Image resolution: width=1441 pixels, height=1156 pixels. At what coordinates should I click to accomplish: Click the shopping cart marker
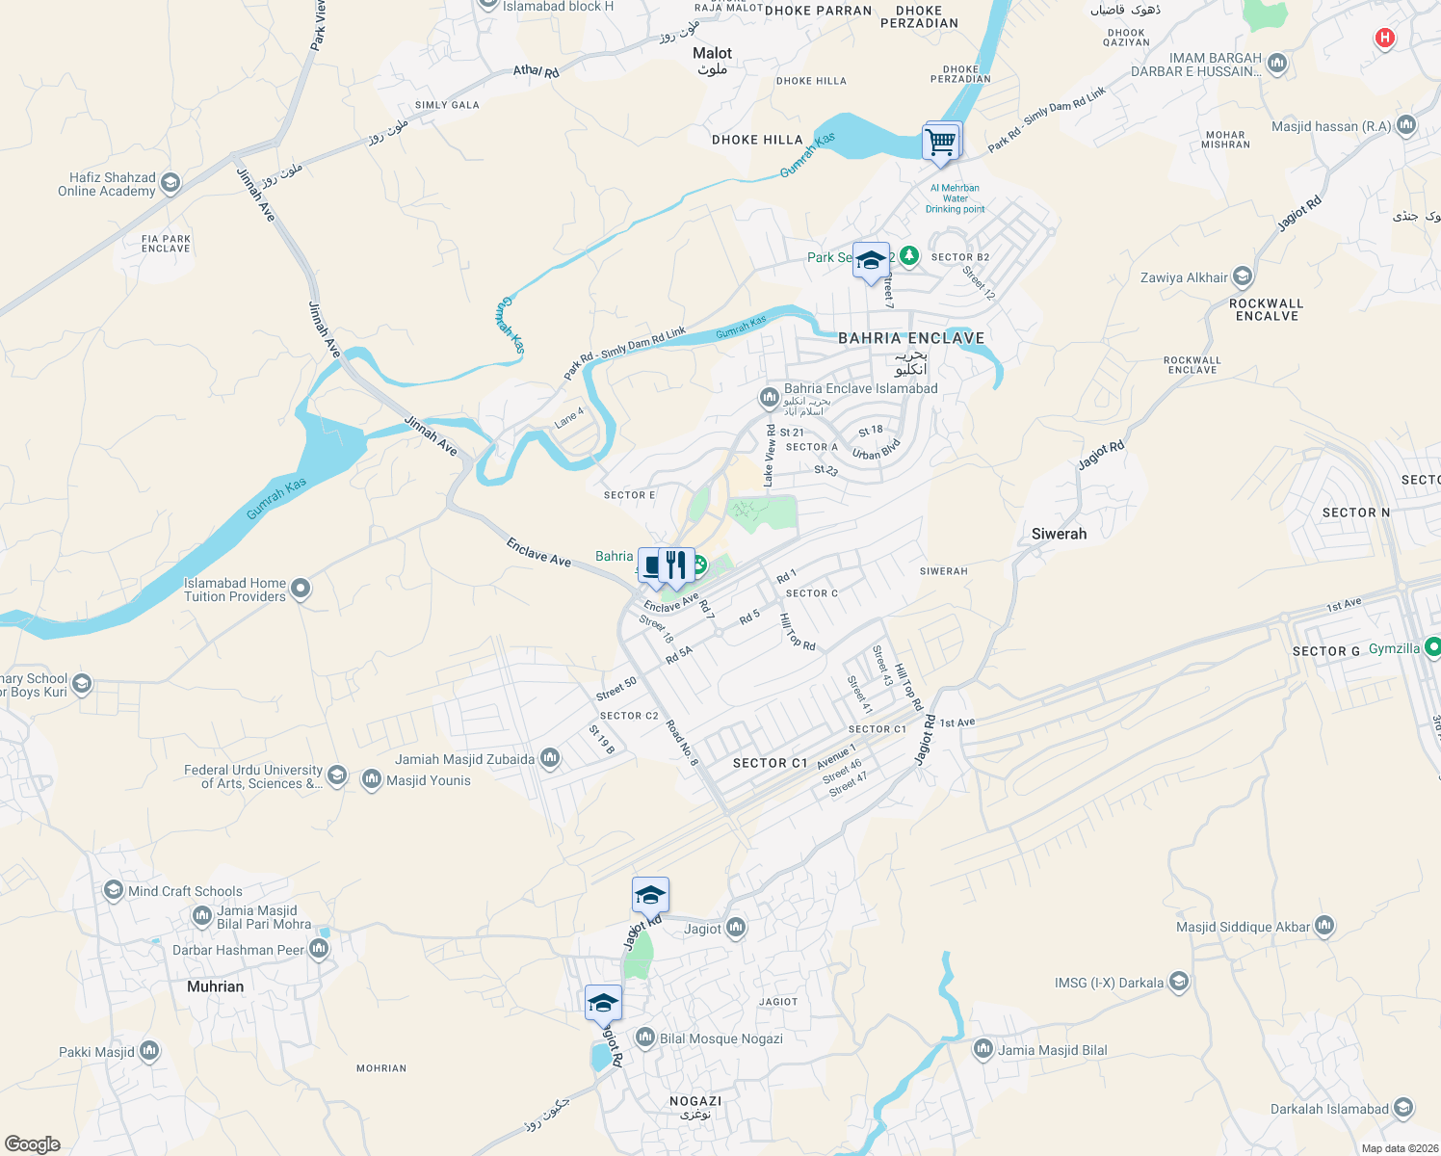[941, 142]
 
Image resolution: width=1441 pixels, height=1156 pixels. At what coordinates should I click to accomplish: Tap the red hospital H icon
[1384, 39]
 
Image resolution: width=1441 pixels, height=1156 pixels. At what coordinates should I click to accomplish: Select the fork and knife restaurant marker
[676, 566]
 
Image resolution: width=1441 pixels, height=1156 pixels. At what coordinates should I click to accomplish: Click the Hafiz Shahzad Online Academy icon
[170, 183]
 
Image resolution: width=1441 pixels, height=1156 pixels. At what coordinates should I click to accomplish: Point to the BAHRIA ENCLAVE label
[911, 338]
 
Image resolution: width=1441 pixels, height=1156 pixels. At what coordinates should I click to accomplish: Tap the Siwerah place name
[1059, 534]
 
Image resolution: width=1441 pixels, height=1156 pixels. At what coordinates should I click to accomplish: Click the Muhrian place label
[215, 986]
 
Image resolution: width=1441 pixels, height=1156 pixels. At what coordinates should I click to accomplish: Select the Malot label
[712, 53]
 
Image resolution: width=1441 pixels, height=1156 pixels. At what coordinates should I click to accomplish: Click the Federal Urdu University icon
[337, 775]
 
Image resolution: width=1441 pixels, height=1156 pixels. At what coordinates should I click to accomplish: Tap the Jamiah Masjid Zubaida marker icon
[550, 759]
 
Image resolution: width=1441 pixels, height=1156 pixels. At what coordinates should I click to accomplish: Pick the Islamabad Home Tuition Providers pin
[301, 588]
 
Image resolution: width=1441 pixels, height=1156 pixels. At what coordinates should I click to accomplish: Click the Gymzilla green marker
[1432, 648]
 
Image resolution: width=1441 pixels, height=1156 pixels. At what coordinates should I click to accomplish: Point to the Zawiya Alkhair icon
[1243, 277]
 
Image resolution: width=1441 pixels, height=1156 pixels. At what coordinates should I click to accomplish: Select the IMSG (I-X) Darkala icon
[1179, 983]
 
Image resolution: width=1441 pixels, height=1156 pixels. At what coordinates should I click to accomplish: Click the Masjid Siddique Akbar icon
[1324, 927]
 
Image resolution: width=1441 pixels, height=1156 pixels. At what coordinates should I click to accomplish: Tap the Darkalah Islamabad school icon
[1403, 1108]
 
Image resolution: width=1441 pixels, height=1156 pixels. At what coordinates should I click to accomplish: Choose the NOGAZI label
[695, 1101]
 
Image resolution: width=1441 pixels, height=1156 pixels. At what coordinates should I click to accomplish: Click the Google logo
[33, 1144]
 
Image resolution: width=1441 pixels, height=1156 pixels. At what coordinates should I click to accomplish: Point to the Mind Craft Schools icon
[114, 890]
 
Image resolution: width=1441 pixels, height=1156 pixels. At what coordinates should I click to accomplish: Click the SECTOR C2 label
[629, 716]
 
